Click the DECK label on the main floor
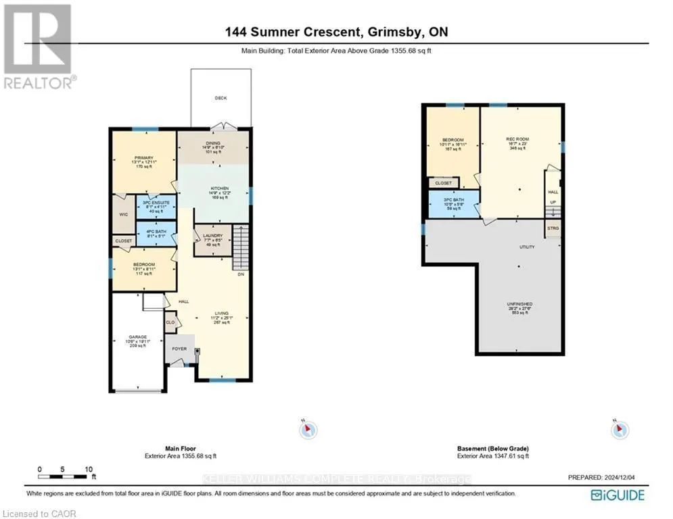(221, 98)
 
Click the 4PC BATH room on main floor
(156, 234)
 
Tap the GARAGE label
(137, 336)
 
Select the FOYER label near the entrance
(179, 349)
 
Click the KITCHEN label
(219, 189)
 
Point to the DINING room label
(214, 144)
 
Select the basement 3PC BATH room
(452, 201)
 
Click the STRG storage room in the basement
(553, 228)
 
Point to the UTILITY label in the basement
(527, 247)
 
